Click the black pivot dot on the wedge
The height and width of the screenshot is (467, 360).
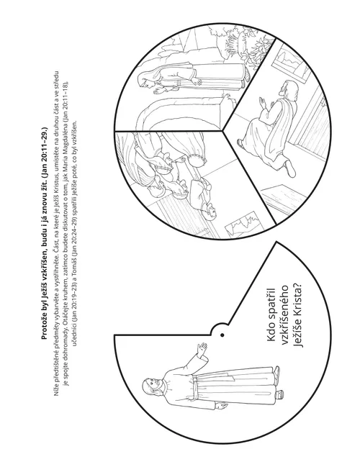point(222,335)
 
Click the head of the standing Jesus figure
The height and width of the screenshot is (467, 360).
point(152,386)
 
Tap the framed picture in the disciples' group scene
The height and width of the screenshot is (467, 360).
point(243,225)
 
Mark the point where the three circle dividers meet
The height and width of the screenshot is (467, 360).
point(222,130)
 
